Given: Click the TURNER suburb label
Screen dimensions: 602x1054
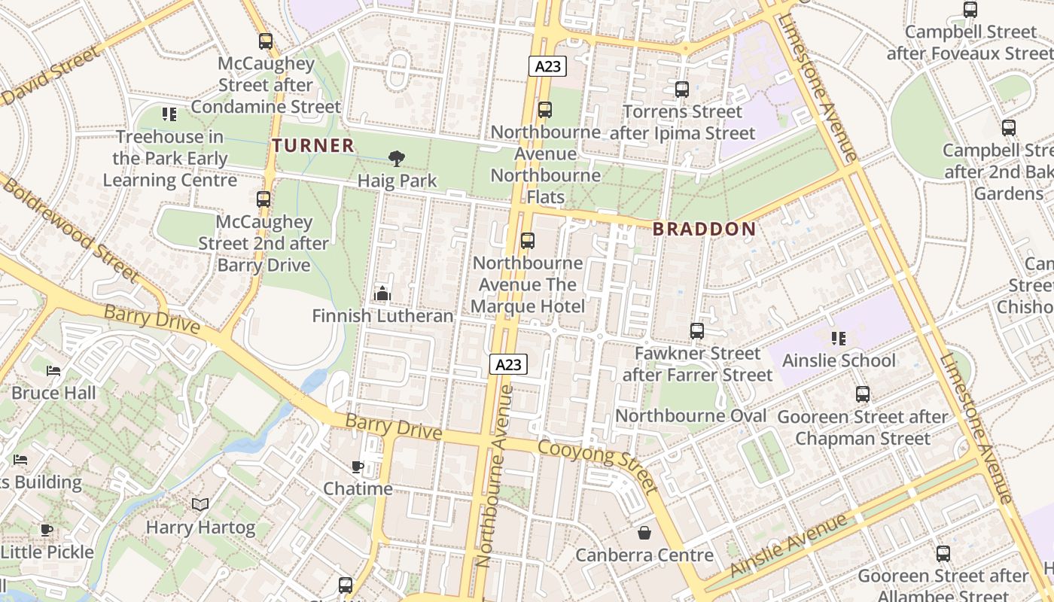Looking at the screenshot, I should point(312,145).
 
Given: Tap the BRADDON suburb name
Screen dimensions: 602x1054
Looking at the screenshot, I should point(704,230).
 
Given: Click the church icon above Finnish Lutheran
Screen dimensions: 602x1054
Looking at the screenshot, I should point(382,293).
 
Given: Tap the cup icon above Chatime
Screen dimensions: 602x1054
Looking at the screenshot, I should point(358,467).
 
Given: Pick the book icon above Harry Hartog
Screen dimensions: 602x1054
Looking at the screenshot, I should point(200,504).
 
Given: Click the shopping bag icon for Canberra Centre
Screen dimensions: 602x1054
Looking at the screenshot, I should point(644,533).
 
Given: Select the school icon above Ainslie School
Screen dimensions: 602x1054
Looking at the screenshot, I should point(839,338).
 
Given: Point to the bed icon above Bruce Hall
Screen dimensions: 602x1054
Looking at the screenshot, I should point(53,370).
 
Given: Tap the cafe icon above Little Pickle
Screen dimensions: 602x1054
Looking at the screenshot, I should point(47,530).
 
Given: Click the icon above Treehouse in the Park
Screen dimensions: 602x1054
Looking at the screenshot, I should point(169,114).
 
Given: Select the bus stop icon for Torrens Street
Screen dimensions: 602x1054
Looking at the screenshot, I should point(682,90).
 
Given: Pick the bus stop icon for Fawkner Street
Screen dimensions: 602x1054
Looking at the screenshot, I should point(697,330).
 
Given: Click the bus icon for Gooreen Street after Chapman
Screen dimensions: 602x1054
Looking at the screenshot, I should point(863,394).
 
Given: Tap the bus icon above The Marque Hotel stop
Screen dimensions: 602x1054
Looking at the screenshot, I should point(528,240).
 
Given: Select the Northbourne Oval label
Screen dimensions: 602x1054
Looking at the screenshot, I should point(690,416).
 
